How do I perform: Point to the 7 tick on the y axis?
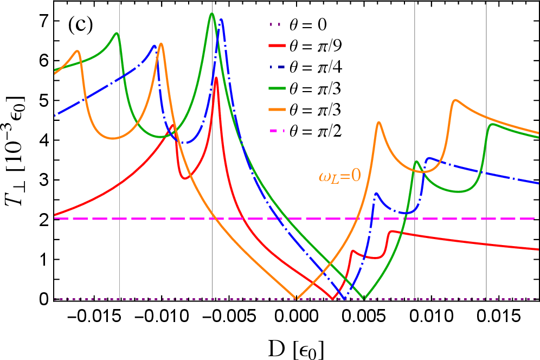click(x=44, y=21)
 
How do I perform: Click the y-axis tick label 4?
click(x=44, y=140)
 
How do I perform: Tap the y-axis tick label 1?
click(x=44, y=260)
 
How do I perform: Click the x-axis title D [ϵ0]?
click(x=293, y=345)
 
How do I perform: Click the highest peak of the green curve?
click(x=211, y=14)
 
